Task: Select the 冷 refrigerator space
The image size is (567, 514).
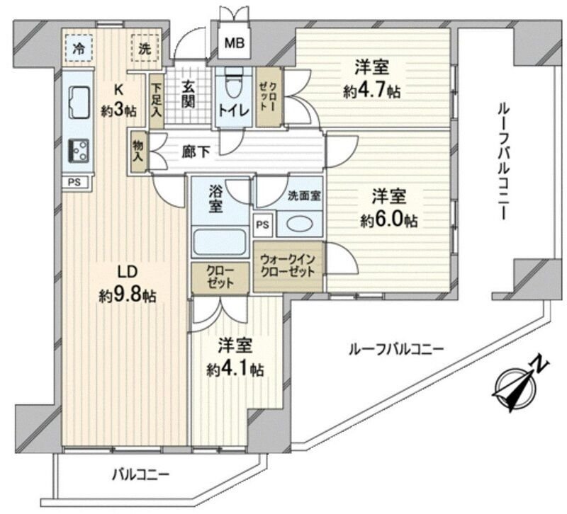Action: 79,49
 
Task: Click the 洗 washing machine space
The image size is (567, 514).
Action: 145,49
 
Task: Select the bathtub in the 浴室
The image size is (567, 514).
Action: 219,241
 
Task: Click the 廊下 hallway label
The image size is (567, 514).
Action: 199,151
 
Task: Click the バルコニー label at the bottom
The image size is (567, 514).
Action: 141,473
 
